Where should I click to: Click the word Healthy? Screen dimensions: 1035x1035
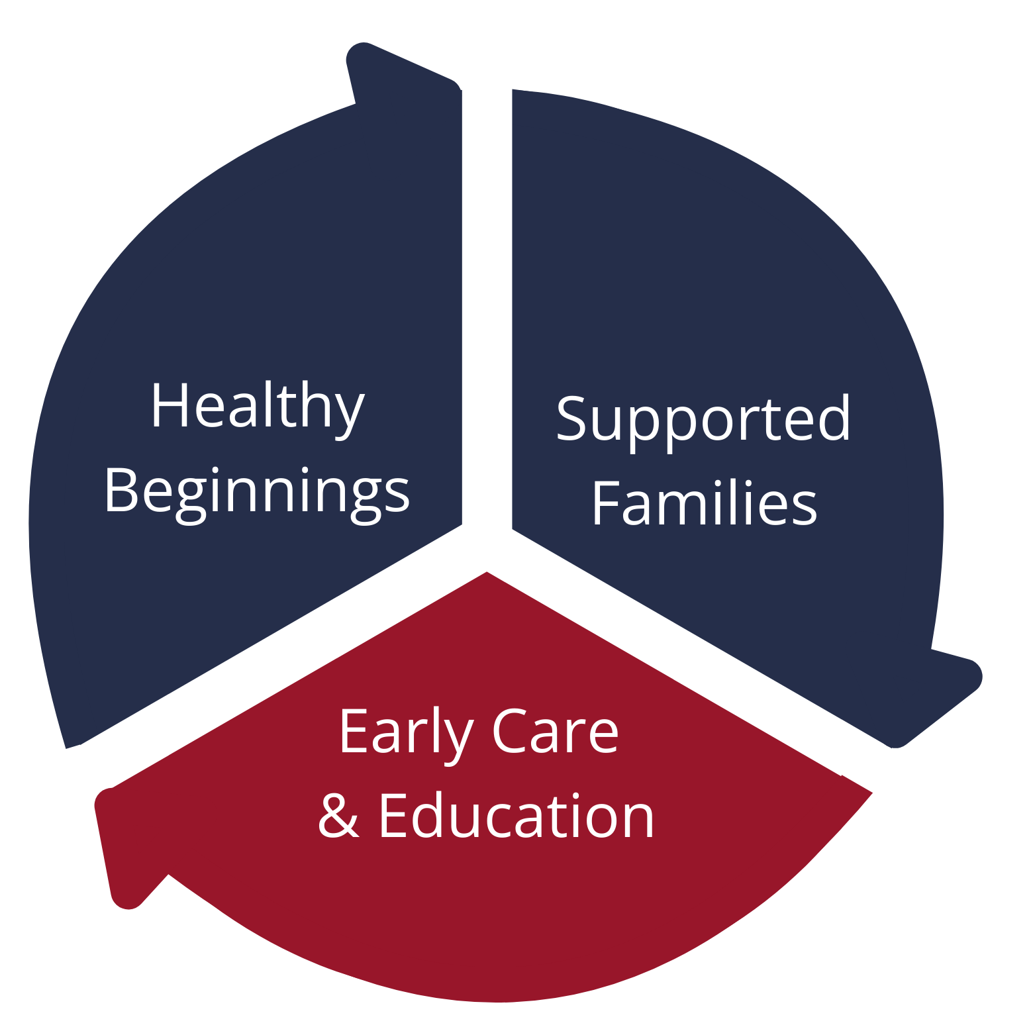(259, 409)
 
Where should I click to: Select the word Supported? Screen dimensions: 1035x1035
(703, 422)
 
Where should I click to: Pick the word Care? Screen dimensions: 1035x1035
(556, 731)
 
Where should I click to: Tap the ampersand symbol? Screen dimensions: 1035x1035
(339, 815)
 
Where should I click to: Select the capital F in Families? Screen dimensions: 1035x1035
(607, 502)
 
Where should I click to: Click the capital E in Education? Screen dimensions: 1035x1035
(394, 816)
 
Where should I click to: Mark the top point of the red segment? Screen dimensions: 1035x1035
(487, 571)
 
